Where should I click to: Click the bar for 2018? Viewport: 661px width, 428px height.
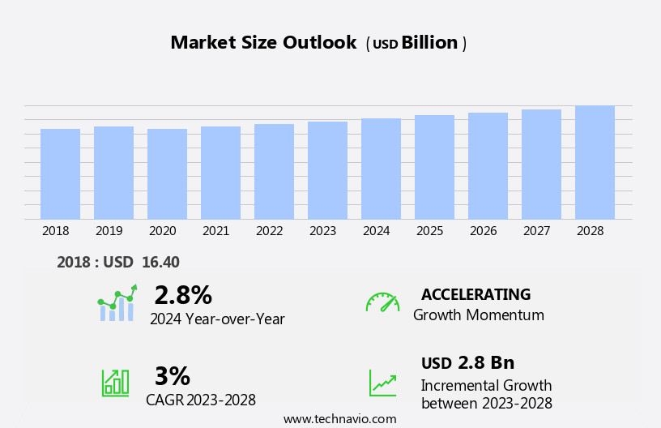tap(60, 173)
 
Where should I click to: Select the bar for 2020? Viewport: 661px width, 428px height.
tap(167, 173)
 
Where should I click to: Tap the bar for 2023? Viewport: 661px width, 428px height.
tap(327, 170)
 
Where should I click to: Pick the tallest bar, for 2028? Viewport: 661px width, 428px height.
tap(595, 162)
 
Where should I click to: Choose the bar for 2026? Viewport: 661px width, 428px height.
tap(488, 165)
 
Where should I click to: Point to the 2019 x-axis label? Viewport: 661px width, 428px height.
tap(109, 231)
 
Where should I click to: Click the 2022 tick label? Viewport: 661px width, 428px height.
tap(270, 231)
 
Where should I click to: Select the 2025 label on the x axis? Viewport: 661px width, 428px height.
tap(430, 231)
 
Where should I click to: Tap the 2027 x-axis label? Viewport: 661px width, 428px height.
tap(537, 231)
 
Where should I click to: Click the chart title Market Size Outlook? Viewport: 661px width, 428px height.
tap(263, 43)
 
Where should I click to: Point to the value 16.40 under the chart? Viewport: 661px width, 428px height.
tap(160, 262)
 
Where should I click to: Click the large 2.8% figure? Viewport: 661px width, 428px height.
tap(183, 295)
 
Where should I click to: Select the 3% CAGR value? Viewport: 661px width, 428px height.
tap(172, 376)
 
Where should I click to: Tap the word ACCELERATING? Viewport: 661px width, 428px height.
tap(475, 294)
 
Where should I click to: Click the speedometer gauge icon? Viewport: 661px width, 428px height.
tap(382, 302)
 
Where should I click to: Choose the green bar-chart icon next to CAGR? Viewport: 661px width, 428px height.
tap(115, 382)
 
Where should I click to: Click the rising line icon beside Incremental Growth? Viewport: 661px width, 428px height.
tap(382, 383)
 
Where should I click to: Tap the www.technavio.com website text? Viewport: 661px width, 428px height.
tap(339, 419)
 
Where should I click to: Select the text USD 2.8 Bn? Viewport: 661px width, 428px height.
tap(467, 362)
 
